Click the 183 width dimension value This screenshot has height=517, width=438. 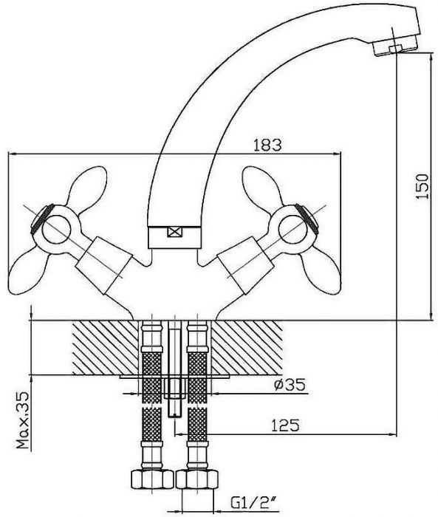(267, 145)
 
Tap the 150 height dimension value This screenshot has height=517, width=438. (422, 186)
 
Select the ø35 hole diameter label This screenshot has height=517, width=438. (290, 385)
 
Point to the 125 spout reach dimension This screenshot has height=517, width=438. (285, 425)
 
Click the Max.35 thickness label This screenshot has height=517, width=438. (23, 420)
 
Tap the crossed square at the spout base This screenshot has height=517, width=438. (174, 232)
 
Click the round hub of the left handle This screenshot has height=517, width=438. (57, 229)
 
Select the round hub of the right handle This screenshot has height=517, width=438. (292, 229)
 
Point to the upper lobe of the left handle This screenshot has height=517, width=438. (87, 186)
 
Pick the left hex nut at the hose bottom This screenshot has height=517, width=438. (152, 480)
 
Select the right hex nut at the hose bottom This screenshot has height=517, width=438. (197, 480)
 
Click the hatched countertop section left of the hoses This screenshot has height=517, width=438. (105, 348)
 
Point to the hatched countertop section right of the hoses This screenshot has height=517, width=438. (247, 348)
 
